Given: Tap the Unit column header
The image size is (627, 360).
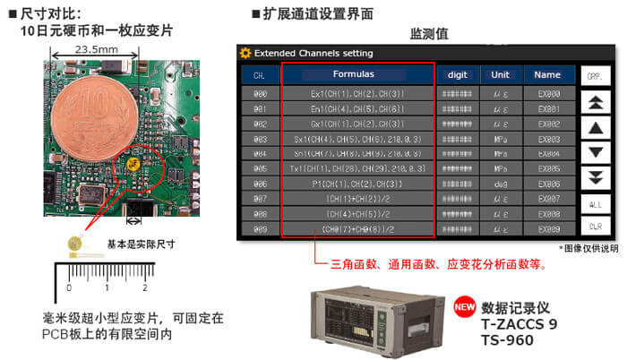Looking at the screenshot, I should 501,74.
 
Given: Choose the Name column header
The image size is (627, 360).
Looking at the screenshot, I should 549,74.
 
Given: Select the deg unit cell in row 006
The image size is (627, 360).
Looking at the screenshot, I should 501,183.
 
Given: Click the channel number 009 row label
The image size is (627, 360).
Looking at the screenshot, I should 260,228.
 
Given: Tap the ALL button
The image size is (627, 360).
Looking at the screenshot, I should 595,204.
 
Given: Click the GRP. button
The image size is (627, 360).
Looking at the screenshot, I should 595,77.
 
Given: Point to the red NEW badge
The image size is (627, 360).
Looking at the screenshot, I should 463,304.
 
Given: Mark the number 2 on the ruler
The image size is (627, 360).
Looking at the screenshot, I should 144,287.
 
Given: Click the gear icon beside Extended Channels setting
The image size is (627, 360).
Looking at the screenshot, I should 245,53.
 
